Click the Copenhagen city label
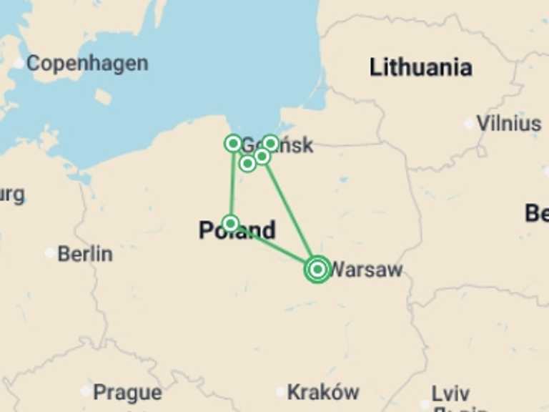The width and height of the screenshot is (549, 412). (x=87, y=64)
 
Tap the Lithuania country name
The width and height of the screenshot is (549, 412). (x=420, y=68)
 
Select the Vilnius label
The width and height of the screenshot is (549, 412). (x=508, y=123)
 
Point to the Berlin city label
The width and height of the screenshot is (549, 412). (x=85, y=254)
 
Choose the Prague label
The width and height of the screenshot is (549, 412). (x=127, y=392)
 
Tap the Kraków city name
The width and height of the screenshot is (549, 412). (x=323, y=392)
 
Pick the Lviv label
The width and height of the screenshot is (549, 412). (x=450, y=393)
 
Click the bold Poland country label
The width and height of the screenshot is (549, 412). (x=237, y=231)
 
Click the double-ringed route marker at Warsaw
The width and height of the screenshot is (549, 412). (x=317, y=269)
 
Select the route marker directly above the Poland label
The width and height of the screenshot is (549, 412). (x=230, y=223)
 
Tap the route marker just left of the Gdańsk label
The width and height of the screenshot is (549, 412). (x=232, y=144)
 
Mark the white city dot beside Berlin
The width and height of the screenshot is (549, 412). (x=49, y=253)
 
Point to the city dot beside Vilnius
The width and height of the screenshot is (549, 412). (x=469, y=124)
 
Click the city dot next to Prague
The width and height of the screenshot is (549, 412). (x=86, y=391)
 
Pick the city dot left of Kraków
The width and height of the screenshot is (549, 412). (x=280, y=391)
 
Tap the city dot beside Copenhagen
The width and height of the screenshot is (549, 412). (x=19, y=64)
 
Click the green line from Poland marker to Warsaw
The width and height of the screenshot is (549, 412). (x=275, y=247)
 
